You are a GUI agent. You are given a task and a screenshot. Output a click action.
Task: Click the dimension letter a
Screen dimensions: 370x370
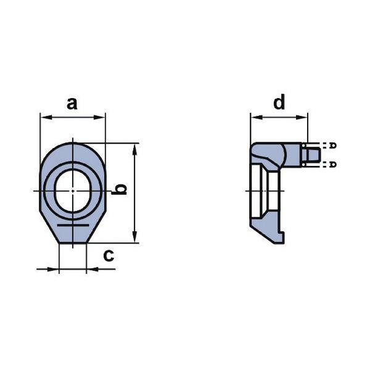(72, 103)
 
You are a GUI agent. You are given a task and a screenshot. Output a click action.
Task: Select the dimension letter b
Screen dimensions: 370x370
(122, 189)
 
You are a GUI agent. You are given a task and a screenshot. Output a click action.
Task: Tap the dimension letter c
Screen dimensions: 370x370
(109, 255)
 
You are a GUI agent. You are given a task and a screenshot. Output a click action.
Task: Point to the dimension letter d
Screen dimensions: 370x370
(280, 102)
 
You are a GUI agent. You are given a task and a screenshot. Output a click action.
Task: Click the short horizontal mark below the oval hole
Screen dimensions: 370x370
(72, 226)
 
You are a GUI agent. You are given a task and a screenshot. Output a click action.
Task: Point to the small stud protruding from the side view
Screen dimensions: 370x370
(311, 154)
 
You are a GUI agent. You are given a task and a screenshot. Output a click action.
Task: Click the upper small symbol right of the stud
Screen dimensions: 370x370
(333, 146)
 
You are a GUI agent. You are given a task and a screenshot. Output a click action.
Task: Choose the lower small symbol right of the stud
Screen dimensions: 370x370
(333, 163)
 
